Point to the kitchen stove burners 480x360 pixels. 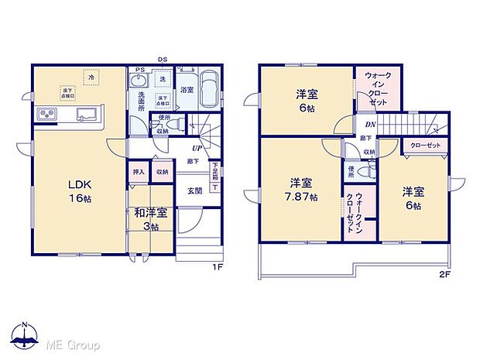[x=45, y=116]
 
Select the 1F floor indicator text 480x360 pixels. [x=219, y=266]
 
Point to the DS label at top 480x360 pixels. [x=163, y=60]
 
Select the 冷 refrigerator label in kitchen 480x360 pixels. [x=91, y=78]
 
